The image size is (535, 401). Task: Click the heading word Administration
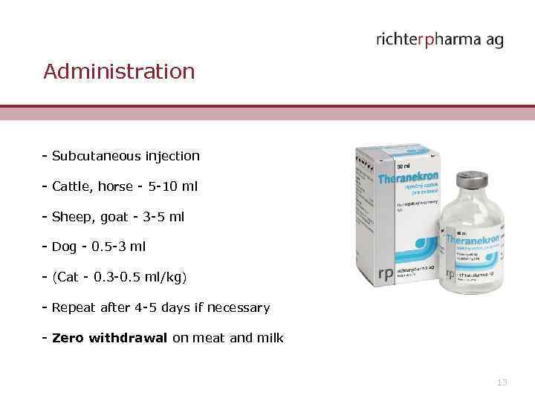119,71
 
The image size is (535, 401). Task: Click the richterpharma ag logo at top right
439,39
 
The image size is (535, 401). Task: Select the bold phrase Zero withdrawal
110,338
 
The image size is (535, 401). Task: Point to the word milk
270,338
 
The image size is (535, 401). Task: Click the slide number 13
502,382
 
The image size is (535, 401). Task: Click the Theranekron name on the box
408,179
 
